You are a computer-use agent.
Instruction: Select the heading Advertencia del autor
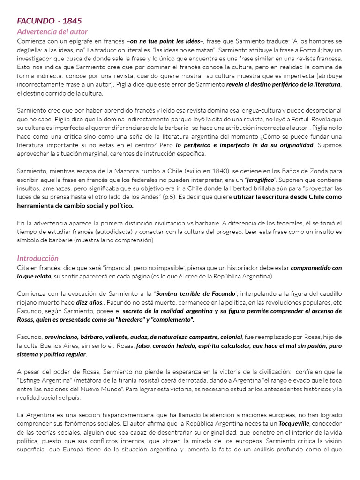point(52,32)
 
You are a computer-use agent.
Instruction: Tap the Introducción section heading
point(37,258)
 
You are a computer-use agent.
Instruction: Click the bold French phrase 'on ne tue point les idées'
point(165,41)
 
